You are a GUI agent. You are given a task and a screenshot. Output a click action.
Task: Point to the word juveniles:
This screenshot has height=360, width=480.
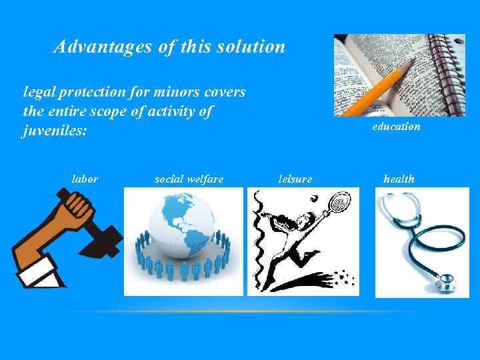[x=55, y=130]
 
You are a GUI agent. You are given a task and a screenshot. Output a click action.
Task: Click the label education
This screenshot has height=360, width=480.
[x=396, y=126]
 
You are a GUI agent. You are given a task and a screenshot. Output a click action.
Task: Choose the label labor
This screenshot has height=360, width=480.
[x=85, y=179]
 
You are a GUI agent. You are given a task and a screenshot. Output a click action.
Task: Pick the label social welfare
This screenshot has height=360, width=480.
[x=189, y=179]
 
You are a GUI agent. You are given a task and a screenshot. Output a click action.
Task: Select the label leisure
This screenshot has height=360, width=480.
[x=295, y=179]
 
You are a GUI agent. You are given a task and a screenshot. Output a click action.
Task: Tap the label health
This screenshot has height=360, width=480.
[x=399, y=179]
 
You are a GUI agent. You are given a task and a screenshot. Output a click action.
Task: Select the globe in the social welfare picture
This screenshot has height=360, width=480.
[x=181, y=224]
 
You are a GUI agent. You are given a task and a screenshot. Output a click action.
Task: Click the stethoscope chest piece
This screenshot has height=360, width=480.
[x=443, y=284]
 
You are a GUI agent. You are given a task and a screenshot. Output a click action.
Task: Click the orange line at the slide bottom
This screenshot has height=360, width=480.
[x=240, y=311]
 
